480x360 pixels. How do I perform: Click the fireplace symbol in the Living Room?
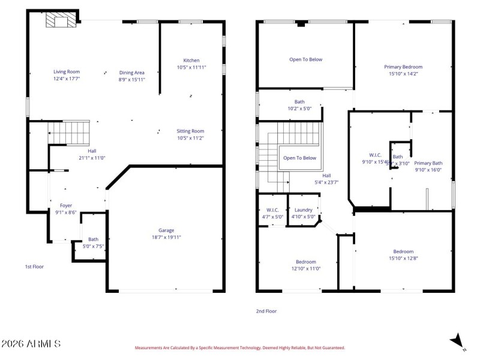coord(62,22)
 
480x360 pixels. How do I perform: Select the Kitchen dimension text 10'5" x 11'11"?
coord(191,68)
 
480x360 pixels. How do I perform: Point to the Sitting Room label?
coord(190,131)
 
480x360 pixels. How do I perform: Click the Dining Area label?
coord(131,72)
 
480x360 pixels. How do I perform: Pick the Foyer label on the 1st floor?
coord(66,205)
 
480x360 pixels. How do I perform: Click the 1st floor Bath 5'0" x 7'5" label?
coord(93,242)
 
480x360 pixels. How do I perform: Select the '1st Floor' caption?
coord(34,266)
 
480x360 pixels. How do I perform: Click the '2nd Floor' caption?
coord(266,311)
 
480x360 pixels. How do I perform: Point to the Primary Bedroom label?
coord(403,67)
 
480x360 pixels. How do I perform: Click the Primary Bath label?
coord(428,163)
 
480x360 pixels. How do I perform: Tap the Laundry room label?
coord(303,209)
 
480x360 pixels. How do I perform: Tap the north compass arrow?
coord(458,341)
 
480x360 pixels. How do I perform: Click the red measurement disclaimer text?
coord(239,347)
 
